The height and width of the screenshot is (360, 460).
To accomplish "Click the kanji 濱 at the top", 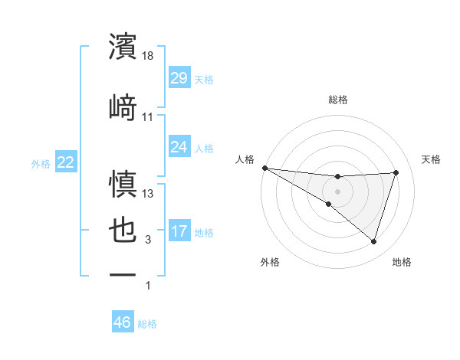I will pyautogui.click(x=123, y=47).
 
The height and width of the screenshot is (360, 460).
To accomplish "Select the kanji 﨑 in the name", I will pyautogui.click(x=123, y=106).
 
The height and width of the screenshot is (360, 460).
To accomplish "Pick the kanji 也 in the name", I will pyautogui.click(x=123, y=232).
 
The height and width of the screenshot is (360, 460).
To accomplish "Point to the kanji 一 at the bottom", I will pyautogui.click(x=123, y=274).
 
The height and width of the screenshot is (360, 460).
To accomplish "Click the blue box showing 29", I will pyautogui.click(x=179, y=79).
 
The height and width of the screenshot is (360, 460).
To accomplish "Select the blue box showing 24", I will pyautogui.click(x=179, y=147).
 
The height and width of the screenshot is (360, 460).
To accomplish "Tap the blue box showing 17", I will pyautogui.click(x=179, y=232).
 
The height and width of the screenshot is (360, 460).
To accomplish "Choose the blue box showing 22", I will pyautogui.click(x=65, y=162).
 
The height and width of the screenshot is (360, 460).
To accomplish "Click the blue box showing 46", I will pyautogui.click(x=123, y=322).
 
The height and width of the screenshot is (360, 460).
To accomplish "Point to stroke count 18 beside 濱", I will pyautogui.click(x=149, y=56).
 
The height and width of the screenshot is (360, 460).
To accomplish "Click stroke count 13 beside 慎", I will pyautogui.click(x=149, y=193).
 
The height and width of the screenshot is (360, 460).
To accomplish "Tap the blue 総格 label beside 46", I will pyautogui.click(x=147, y=324).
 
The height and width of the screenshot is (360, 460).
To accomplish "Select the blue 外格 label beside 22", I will pyautogui.click(x=41, y=164).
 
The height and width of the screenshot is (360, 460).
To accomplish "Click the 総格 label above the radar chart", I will pyautogui.click(x=337, y=100).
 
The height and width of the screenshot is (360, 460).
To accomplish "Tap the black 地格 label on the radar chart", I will pyautogui.click(x=402, y=262).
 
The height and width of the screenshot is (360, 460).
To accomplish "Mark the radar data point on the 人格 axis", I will pyautogui.click(x=264, y=167).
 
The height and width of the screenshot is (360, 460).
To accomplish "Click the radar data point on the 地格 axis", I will pyautogui.click(x=373, y=241).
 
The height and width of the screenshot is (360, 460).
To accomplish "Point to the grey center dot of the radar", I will pyautogui.click(x=337, y=191).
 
